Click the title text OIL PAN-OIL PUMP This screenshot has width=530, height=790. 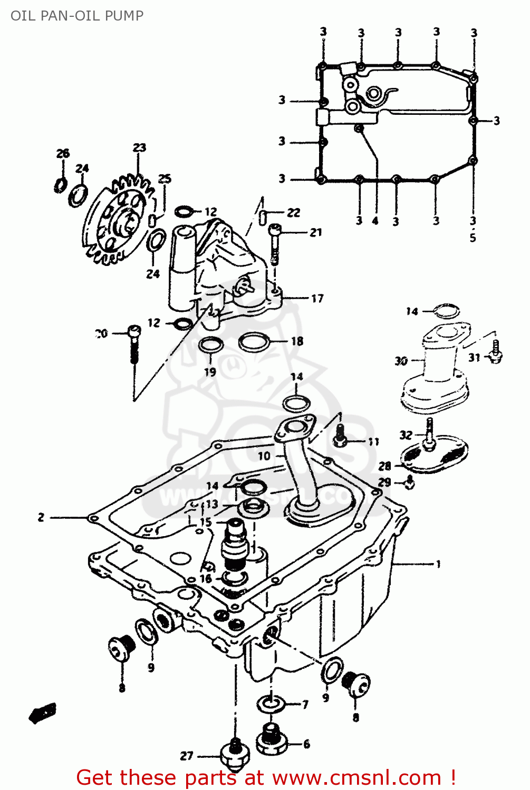[77, 16]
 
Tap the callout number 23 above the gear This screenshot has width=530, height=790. [139, 147]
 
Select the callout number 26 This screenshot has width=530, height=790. [63, 153]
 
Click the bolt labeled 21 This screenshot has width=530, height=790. [275, 242]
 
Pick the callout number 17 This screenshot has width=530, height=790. [317, 299]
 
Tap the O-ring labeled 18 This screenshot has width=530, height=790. [254, 342]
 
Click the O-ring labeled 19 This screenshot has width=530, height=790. [211, 346]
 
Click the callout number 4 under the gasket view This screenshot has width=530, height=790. [375, 221]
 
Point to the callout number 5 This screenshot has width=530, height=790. [473, 238]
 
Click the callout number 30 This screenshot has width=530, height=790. [401, 361]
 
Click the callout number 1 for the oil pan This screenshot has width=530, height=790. [438, 564]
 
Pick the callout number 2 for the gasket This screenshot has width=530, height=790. [41, 518]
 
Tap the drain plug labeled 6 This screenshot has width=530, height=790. [271, 739]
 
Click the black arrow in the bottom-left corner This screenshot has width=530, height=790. [42, 713]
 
